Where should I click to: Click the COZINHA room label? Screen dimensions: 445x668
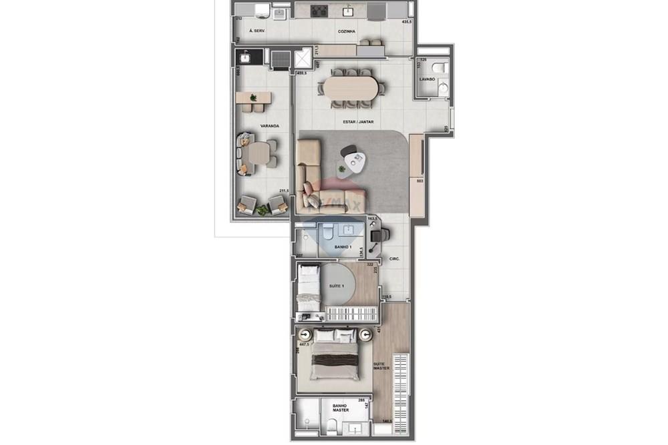pyautogui.click(x=346, y=31)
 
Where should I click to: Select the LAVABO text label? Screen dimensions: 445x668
pyautogui.click(x=427, y=79)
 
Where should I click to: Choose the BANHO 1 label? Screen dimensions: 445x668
pyautogui.click(x=343, y=247)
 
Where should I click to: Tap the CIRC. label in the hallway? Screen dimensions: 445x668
pyautogui.click(x=393, y=258)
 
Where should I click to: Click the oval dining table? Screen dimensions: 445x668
pyautogui.click(x=352, y=87)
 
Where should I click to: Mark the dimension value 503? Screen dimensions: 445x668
pyautogui.click(x=420, y=180)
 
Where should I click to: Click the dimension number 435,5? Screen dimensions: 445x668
pyautogui.click(x=405, y=22)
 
